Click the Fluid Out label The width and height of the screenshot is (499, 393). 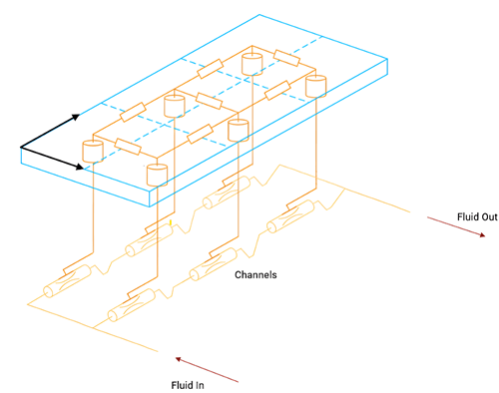tap(477, 217)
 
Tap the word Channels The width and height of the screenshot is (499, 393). tap(255, 275)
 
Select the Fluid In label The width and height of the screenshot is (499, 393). tap(188, 385)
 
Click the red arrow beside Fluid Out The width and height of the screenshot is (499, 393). tap(456, 226)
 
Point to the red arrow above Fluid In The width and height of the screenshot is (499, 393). tap(207, 370)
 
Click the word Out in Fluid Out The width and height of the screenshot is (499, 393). tap(489, 217)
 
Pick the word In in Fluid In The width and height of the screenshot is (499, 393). tap(200, 385)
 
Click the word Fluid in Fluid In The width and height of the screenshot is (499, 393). tap(182, 385)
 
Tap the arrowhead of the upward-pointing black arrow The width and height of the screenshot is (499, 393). tap(77, 117)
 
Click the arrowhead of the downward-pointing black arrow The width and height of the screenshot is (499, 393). tap(80, 167)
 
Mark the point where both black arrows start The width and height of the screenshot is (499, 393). tap(21, 147)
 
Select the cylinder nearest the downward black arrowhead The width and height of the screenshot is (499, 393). tap(93, 152)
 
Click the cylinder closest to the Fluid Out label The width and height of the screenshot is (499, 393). tap(315, 86)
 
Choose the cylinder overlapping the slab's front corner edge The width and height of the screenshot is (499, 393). tap(157, 175)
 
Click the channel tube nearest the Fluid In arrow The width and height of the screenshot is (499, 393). tap(132, 305)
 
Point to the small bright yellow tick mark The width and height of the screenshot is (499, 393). tap(171, 222)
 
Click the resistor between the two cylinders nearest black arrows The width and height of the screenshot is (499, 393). tap(128, 147)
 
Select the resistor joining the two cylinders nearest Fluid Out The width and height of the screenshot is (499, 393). tap(286, 58)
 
